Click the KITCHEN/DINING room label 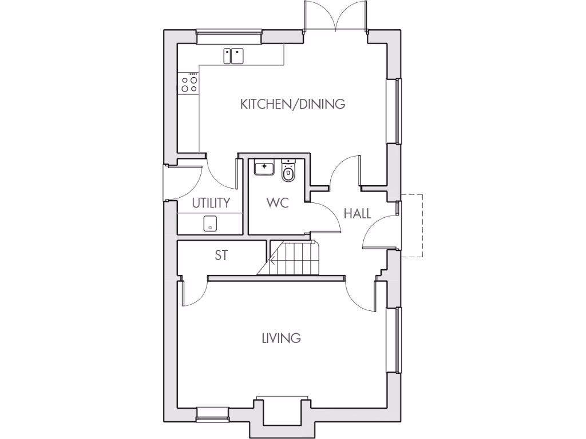coord(292,104)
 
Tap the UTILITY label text coord(211,203)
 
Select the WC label coord(277,203)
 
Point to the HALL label coord(357,214)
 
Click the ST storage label coord(221,256)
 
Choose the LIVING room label coord(281,338)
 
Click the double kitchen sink coord(233,55)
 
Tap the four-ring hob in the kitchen coord(189,84)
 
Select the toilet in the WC coord(288,171)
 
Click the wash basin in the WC coord(264,168)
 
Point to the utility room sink coord(211,224)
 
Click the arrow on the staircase coord(273,262)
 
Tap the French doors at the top coord(335,17)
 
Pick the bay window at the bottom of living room coord(283,410)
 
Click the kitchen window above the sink coord(229,37)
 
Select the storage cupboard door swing coord(193,293)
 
